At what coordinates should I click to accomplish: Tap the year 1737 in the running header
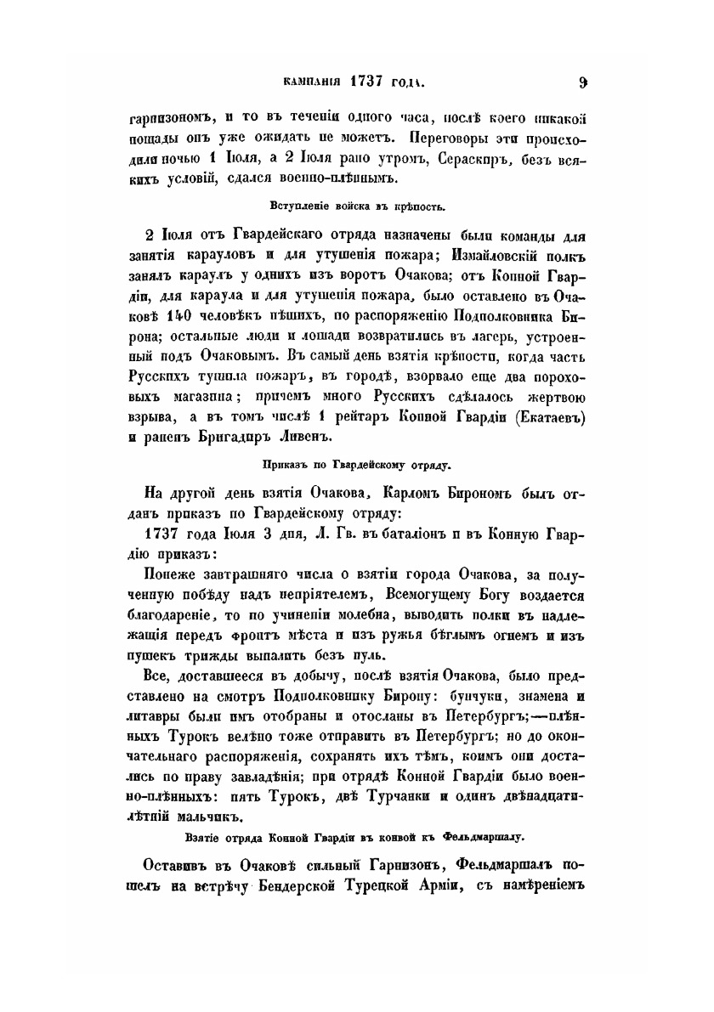(x=366, y=83)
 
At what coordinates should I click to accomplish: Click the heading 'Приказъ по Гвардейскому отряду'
(x=357, y=464)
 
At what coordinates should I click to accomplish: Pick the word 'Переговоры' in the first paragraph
(x=456, y=135)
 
